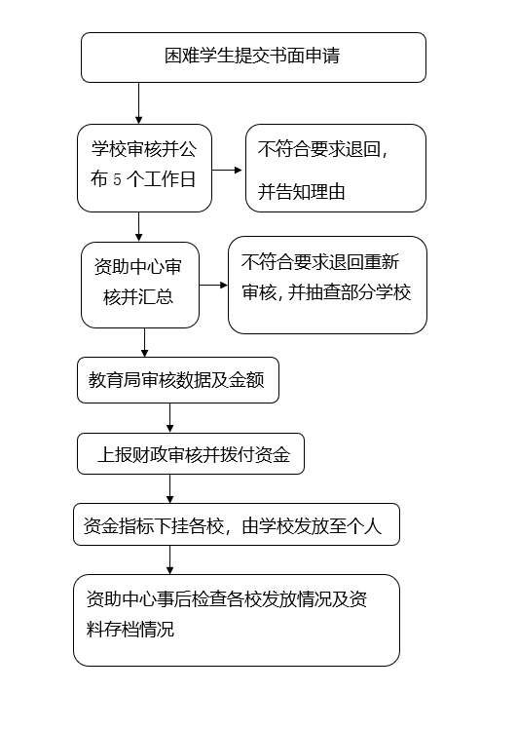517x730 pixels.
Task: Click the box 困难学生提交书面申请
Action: coord(253,58)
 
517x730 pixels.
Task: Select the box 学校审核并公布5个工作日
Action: coord(145,168)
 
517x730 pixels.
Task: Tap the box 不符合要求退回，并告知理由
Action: coord(336,168)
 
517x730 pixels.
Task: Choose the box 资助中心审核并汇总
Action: coord(140,285)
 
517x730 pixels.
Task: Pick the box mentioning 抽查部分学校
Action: coord(327,285)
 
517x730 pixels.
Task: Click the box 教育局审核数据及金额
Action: coord(178,380)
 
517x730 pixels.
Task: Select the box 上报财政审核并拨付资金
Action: coord(191,454)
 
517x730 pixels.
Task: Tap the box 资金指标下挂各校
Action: coord(237,524)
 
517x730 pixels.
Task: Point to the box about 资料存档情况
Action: coord(237,620)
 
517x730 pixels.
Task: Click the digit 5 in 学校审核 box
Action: coord(117,179)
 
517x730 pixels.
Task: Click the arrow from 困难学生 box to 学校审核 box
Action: coord(138,103)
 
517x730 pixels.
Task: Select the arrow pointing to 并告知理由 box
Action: coord(227,170)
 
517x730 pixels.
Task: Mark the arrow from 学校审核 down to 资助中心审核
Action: coord(138,227)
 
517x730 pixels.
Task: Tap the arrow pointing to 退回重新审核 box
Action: coord(213,285)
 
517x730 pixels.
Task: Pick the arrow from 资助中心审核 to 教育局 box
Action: coord(145,343)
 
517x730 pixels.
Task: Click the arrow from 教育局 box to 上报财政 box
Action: coord(169,418)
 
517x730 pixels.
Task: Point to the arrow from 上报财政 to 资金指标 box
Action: coord(169,489)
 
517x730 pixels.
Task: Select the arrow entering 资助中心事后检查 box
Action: coord(169,560)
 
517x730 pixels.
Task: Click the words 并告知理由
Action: coord(301,192)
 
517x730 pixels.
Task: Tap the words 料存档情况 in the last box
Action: coord(130,630)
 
